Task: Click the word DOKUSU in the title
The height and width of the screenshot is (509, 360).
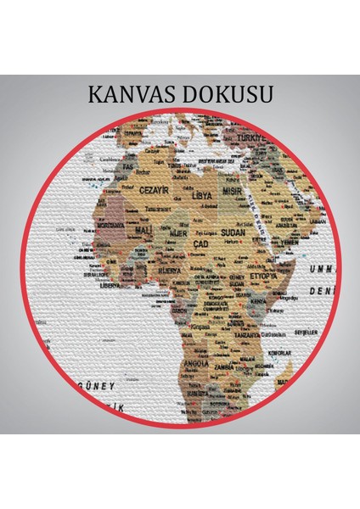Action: pyautogui.click(x=228, y=93)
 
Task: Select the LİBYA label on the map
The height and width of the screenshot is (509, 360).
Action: pyautogui.click(x=201, y=194)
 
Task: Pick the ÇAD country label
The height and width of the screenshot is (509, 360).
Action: pyautogui.click(x=200, y=244)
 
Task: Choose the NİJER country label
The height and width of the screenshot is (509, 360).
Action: pyautogui.click(x=177, y=232)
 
